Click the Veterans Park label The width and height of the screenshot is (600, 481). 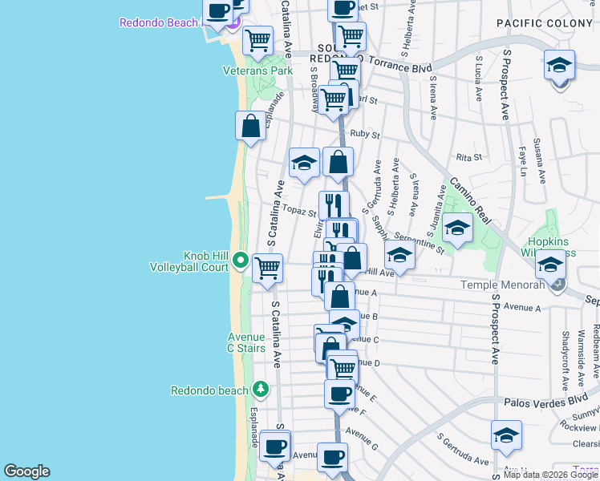[257, 71]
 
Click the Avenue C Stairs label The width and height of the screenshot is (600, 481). [246, 342]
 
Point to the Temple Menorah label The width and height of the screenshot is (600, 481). [501, 285]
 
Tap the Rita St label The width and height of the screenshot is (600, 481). [468, 157]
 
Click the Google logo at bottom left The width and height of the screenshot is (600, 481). [26, 471]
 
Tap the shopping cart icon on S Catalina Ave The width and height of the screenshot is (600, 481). [267, 268]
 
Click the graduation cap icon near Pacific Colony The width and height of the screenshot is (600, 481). [559, 64]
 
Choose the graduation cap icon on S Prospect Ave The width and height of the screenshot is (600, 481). [506, 436]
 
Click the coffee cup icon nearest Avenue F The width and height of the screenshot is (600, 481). [339, 394]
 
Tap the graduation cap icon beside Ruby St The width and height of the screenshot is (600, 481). [304, 163]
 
